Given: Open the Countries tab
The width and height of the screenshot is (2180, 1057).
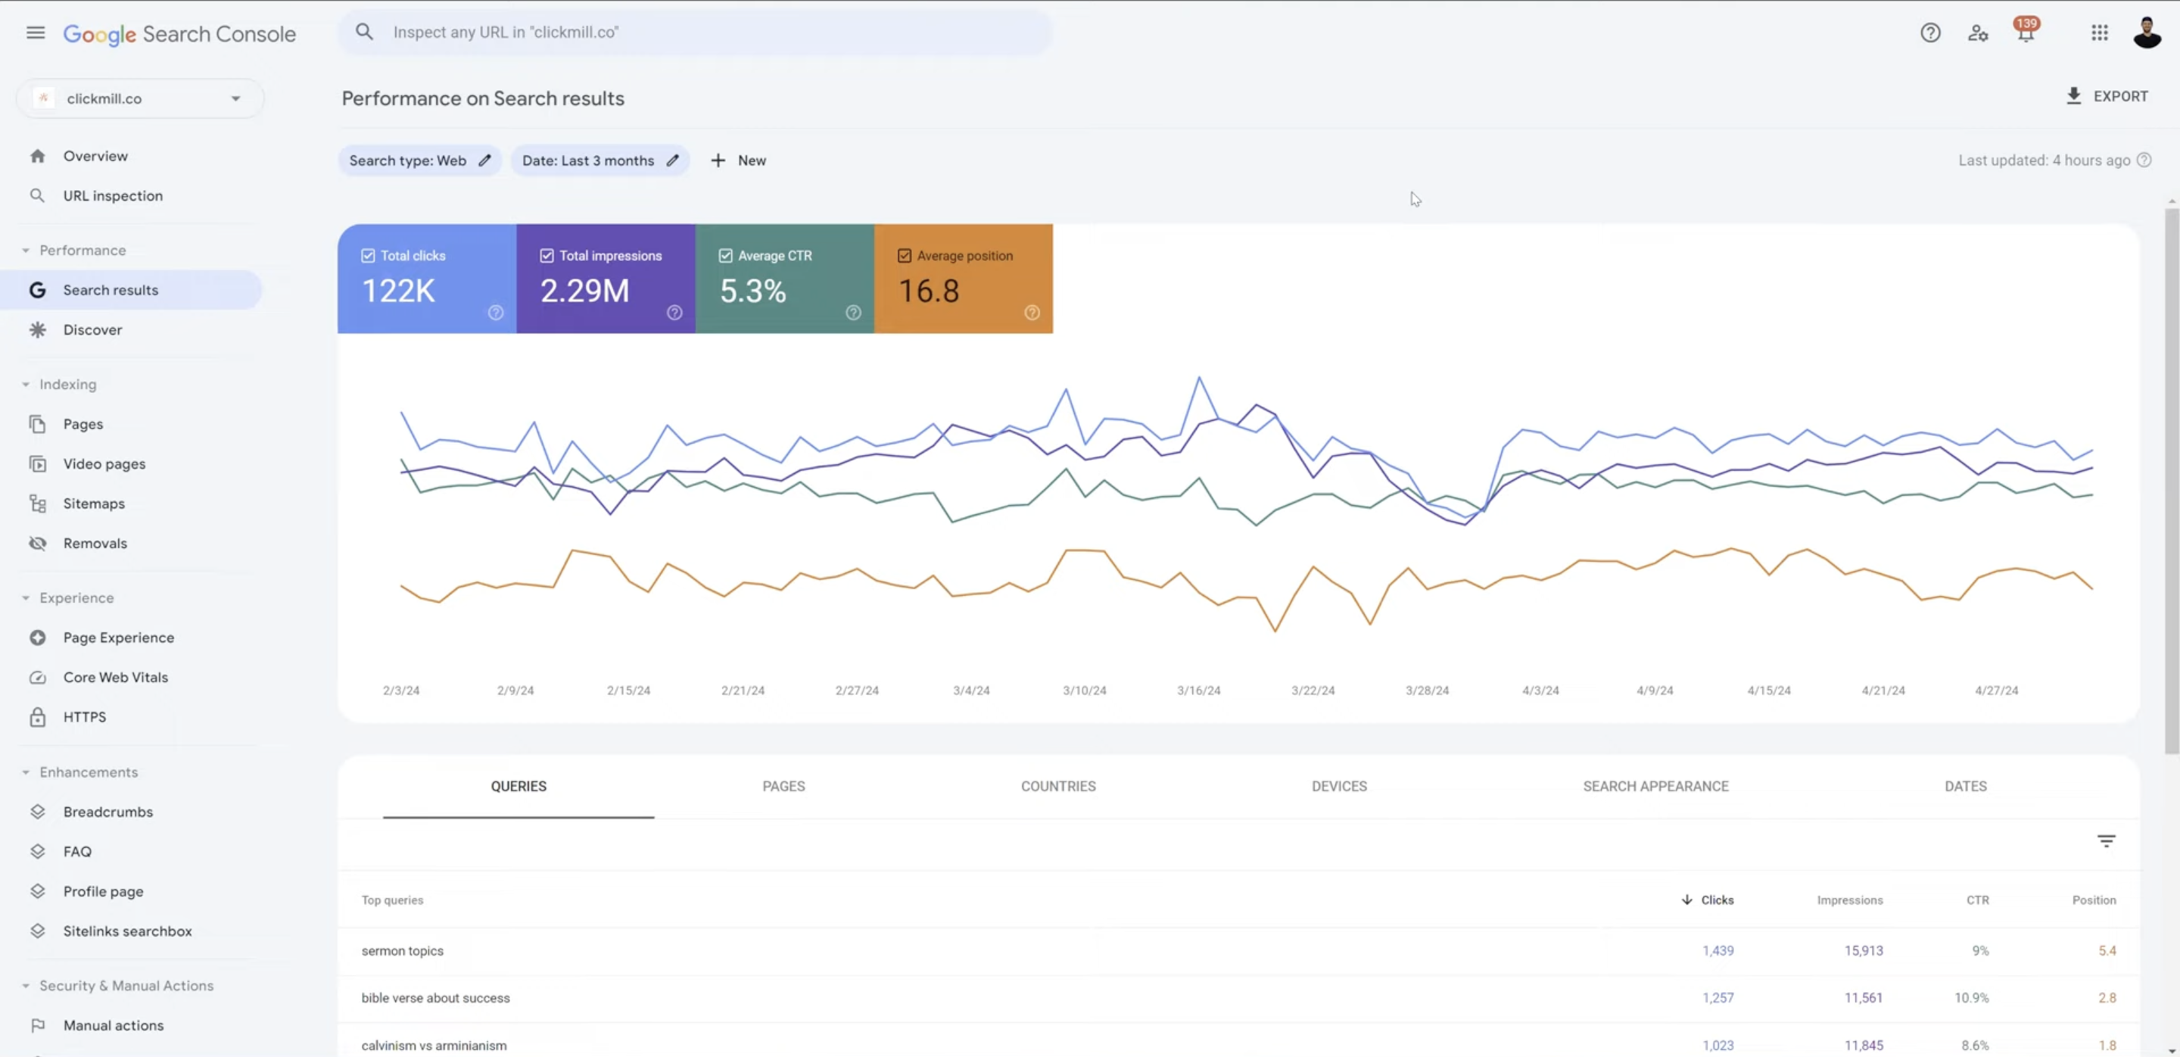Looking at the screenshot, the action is tap(1058, 786).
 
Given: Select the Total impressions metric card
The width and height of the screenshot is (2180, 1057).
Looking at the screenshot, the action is tap(606, 279).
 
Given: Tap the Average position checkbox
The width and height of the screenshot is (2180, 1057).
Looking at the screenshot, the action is tap(905, 256).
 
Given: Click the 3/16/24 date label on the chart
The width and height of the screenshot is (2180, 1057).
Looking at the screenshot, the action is tap(1198, 691).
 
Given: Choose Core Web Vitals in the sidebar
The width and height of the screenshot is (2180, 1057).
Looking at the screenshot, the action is tap(116, 677).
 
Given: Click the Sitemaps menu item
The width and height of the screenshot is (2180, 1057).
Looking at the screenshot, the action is tap(94, 504).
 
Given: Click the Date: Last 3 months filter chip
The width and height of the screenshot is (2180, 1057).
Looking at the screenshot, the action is tap(600, 161).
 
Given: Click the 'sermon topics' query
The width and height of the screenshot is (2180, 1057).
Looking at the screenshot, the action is tap(402, 950).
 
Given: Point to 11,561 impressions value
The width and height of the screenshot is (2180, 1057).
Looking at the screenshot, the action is tap(1864, 998).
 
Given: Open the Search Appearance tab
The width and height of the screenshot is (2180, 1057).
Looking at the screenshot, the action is tap(1655, 786).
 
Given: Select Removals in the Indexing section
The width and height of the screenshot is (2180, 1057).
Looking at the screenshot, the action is tap(95, 544).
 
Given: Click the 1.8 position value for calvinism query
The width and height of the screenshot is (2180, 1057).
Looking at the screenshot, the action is tap(2107, 1045).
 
